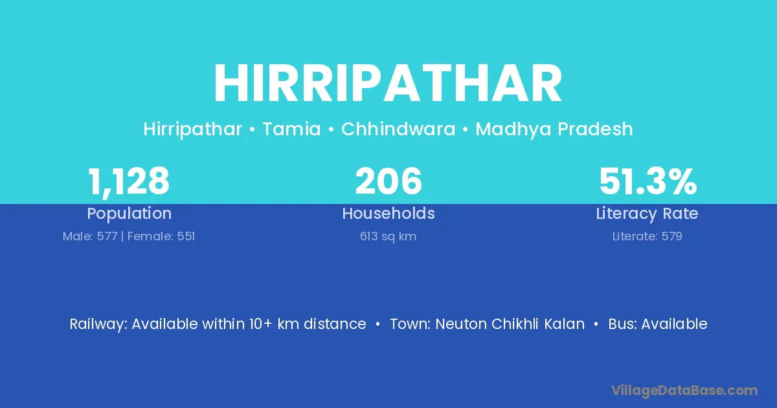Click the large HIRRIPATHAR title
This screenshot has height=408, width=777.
[388, 83]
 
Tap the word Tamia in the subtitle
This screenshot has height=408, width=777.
[292, 129]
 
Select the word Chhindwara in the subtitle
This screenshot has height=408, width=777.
[398, 129]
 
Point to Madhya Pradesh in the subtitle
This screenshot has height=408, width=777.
[554, 130]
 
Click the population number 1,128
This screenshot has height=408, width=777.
[129, 182]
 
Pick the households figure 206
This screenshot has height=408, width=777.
[388, 181]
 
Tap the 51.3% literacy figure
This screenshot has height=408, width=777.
[648, 181]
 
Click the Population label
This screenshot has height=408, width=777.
[129, 214]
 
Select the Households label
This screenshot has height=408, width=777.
[388, 213]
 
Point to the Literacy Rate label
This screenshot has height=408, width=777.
[647, 214]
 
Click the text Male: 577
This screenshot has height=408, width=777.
[90, 236]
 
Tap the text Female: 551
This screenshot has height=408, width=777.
[161, 236]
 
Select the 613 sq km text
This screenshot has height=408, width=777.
[388, 236]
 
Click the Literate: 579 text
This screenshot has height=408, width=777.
[647, 236]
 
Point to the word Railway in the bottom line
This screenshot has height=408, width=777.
[98, 324]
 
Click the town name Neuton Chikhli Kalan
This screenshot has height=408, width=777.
[510, 324]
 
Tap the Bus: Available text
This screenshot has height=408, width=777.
[658, 324]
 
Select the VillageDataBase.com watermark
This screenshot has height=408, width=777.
[684, 391]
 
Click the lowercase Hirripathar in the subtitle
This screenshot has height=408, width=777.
[192, 130]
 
